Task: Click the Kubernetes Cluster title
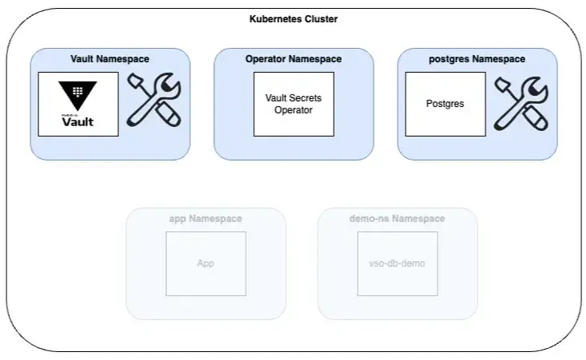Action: coord(294,18)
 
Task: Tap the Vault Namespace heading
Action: coord(110,59)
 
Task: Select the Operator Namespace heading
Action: coord(293,59)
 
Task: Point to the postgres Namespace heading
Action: coord(477,59)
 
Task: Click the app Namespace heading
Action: coord(205,219)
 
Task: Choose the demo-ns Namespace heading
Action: coord(397,219)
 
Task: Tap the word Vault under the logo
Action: coord(78,121)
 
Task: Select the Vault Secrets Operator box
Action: coord(294,104)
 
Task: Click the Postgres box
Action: coord(445,104)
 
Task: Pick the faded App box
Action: coord(206,263)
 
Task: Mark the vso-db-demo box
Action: coord(398,263)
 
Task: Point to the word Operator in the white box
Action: coord(293,110)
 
